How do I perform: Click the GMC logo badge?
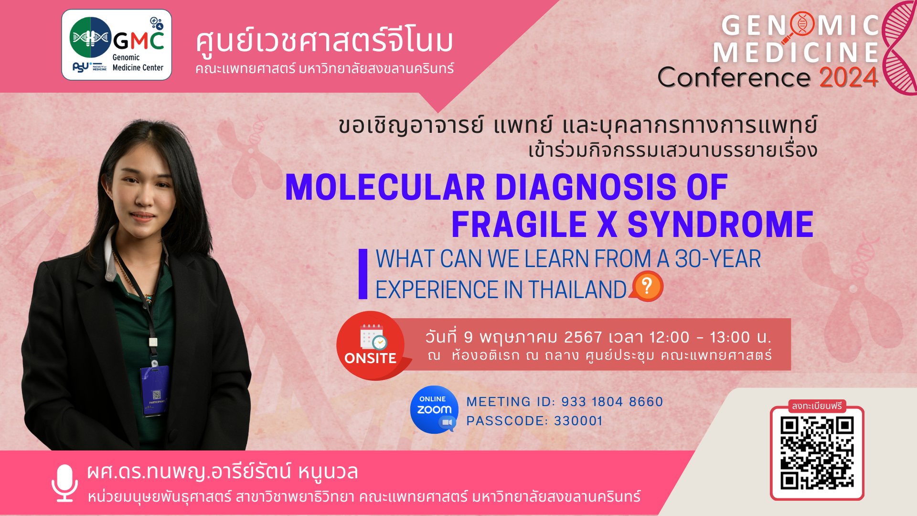pyautogui.click(x=117, y=45)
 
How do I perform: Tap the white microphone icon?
pyautogui.click(x=64, y=483)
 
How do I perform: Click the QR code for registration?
pyautogui.click(x=817, y=453)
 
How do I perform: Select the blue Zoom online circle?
pyautogui.click(x=434, y=409)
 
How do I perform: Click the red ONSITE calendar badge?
pyautogui.click(x=371, y=345)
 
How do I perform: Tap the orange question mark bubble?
pyautogui.click(x=647, y=286)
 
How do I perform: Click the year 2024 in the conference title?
pyautogui.click(x=849, y=77)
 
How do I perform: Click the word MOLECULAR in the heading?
pyautogui.click(x=385, y=187)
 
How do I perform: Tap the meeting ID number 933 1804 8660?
pyautogui.click(x=612, y=402)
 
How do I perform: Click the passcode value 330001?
pyautogui.click(x=578, y=421)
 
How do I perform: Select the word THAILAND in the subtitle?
pyautogui.click(x=577, y=290)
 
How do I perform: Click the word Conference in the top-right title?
pyautogui.click(x=734, y=77)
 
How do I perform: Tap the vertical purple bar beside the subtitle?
pyautogui.click(x=363, y=274)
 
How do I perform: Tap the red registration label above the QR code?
pyautogui.click(x=817, y=406)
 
